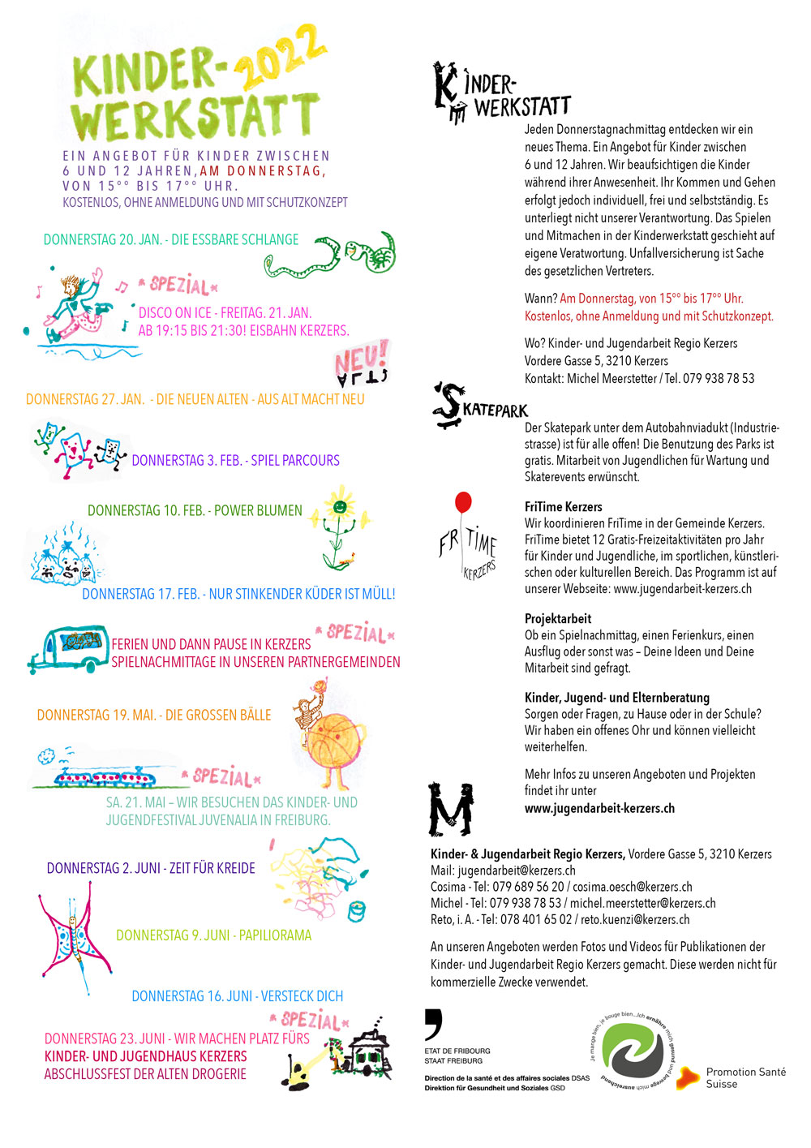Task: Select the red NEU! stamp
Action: click(362, 363)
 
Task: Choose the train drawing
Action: click(109, 776)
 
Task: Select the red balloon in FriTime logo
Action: click(463, 502)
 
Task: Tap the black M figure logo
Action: click(450, 809)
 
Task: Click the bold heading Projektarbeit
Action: click(558, 618)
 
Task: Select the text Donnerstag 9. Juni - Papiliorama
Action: click(213, 935)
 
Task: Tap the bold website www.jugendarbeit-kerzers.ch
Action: click(599, 808)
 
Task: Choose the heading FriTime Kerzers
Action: click(563, 506)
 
